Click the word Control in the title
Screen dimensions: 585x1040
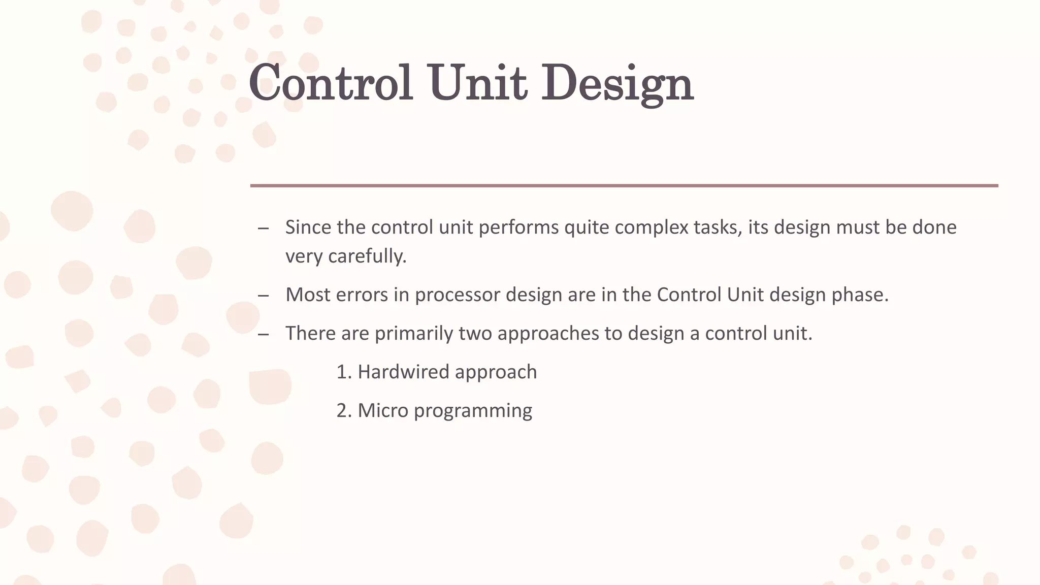coord(330,83)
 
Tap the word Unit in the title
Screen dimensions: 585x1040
coord(478,83)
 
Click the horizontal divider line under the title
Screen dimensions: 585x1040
coord(624,186)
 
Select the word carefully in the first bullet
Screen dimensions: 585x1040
coord(367,256)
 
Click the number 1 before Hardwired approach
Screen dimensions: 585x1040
coord(341,372)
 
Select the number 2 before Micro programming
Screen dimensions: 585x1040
coord(341,411)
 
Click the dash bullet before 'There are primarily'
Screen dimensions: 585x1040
coord(263,334)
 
